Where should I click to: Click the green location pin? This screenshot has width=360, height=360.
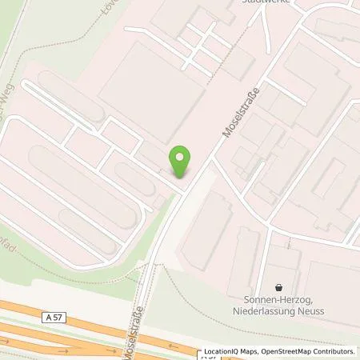click(x=181, y=162)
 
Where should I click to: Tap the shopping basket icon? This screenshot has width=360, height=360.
click(x=278, y=286)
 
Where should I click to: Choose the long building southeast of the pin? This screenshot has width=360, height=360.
click(x=206, y=232)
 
